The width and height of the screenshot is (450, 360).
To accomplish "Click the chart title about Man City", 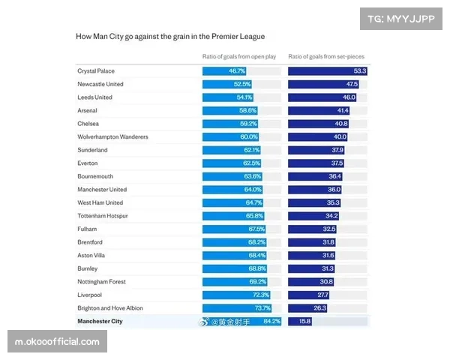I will [170, 36].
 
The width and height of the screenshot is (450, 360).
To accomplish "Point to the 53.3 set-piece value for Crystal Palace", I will [360, 71].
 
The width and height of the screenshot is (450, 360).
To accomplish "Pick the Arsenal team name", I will [87, 110].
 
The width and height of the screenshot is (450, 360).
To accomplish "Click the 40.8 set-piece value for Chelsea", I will [341, 124].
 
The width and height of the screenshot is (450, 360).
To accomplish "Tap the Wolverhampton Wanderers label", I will [112, 136].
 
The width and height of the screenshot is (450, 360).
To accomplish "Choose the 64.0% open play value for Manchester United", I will [250, 190].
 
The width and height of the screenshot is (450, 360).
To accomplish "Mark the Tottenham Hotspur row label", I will [103, 216].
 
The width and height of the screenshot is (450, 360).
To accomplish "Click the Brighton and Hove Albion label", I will [109, 308].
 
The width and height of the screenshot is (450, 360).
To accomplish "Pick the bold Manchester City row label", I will [100, 321].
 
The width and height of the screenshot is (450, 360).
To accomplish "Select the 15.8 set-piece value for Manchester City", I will [305, 321].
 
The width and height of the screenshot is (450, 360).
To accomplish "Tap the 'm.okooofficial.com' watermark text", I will [57, 342].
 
